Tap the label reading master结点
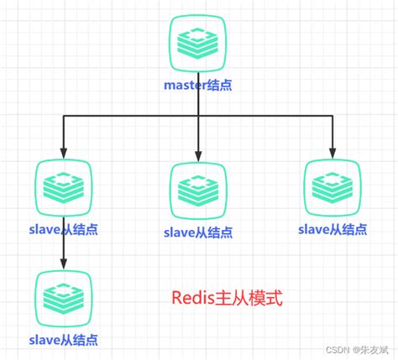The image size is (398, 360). point(197,84)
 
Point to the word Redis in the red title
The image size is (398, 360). point(191,299)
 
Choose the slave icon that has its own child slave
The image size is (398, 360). point(64,185)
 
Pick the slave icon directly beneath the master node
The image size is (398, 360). point(198,190)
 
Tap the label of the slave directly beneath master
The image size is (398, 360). point(198,232)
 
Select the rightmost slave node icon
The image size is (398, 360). point(331,186)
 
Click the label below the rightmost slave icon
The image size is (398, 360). point(331,227)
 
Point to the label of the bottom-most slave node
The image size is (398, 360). point(64,338)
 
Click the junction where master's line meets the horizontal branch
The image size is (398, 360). point(198,115)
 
